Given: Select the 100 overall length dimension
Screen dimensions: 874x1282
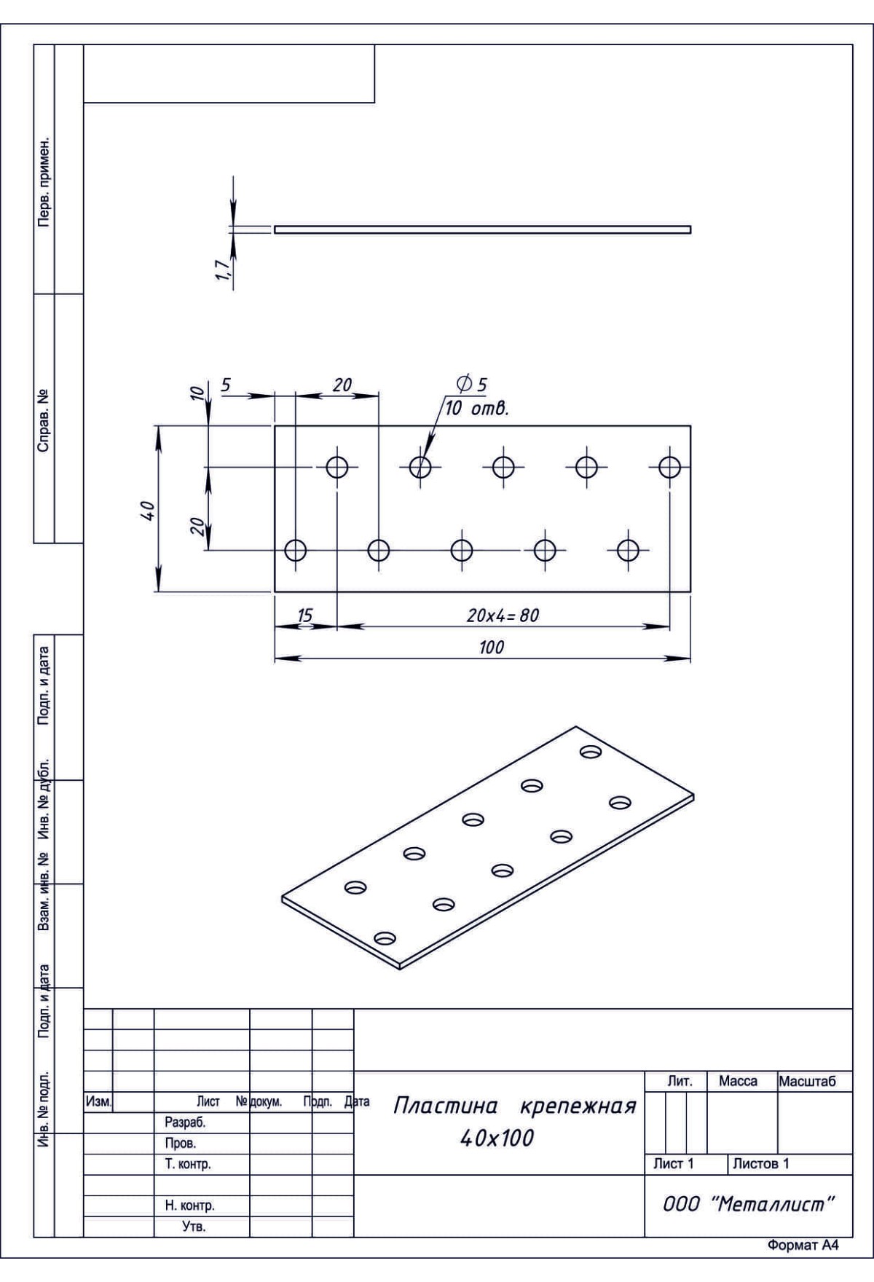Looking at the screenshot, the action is pyautogui.click(x=492, y=648).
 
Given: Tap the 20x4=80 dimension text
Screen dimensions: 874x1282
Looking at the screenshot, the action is pyautogui.click(x=503, y=616).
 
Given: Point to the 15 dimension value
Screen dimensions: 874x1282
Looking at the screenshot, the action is pyautogui.click(x=305, y=616).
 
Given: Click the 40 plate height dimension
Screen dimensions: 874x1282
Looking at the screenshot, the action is pyautogui.click(x=147, y=510).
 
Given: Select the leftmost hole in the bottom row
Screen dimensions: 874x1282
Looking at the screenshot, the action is pyautogui.click(x=295, y=550).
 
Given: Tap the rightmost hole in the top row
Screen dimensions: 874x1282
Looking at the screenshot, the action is pyautogui.click(x=669, y=466).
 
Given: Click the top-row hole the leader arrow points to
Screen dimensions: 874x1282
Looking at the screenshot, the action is pyautogui.click(x=420, y=466).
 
